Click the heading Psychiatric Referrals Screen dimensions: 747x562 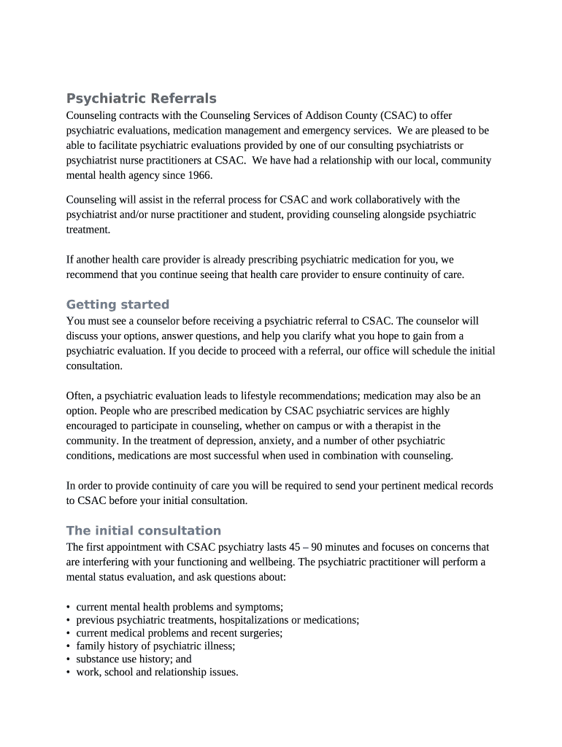coord(141,98)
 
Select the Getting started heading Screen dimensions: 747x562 coord(118,304)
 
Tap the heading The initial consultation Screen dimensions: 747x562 coord(143,530)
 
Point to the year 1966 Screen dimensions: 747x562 coord(197,176)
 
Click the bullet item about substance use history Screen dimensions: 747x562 coord(134,659)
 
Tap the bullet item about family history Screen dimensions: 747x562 coord(155,646)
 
